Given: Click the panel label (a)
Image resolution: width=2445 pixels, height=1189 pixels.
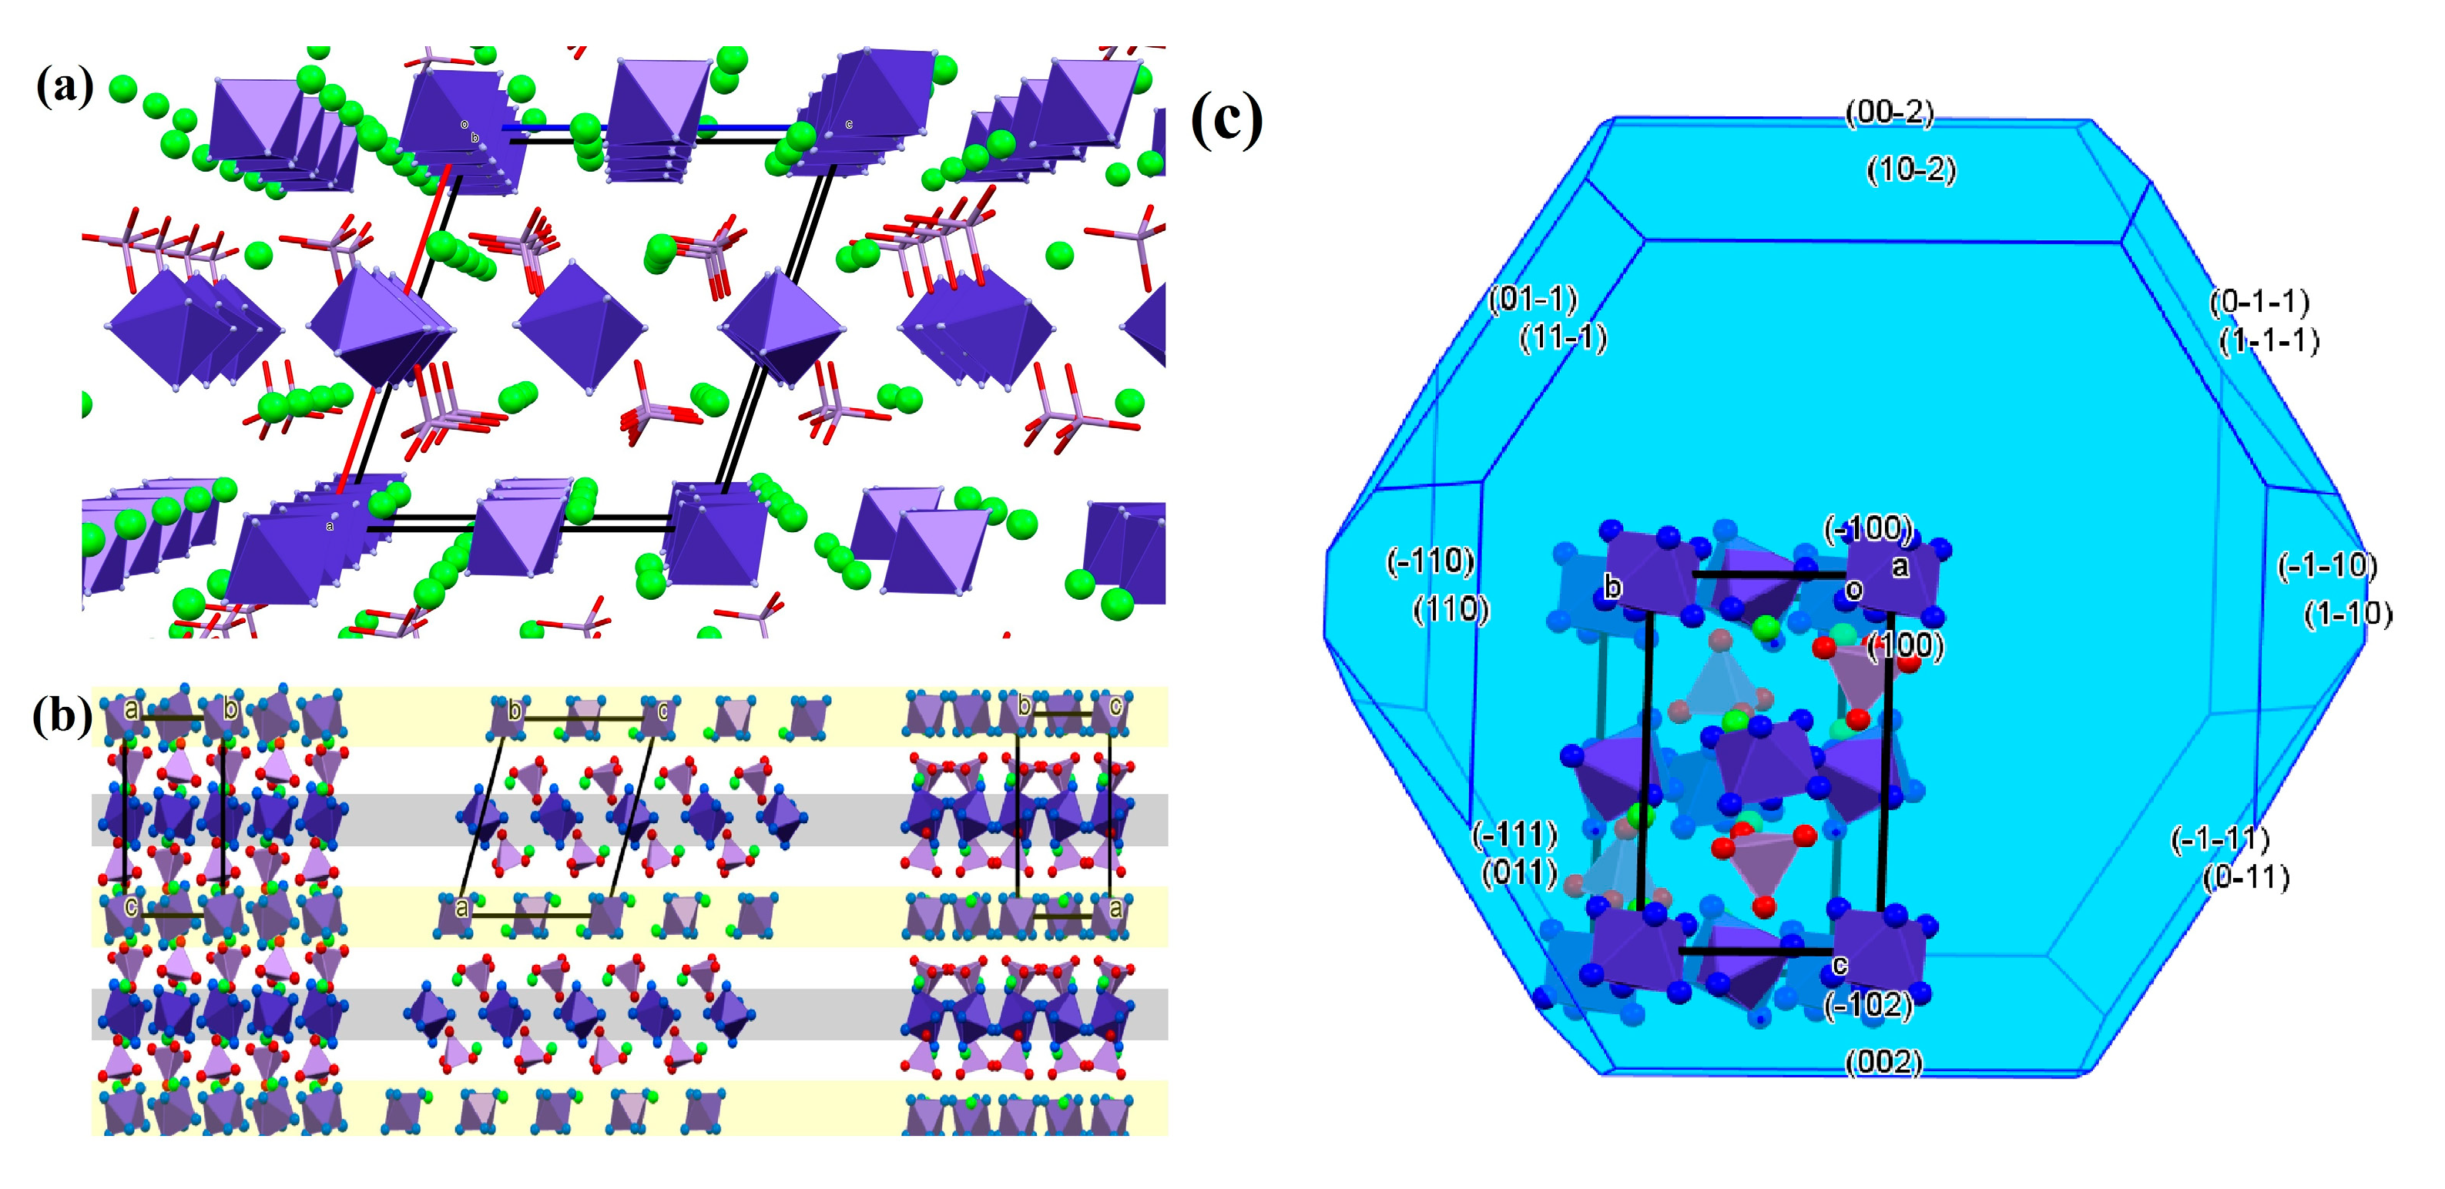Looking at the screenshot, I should (65, 89).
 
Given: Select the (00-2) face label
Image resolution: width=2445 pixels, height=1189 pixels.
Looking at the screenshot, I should (1889, 114).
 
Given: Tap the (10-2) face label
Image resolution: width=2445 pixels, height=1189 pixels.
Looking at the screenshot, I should (1910, 171).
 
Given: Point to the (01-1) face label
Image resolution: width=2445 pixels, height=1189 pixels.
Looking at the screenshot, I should (1532, 300).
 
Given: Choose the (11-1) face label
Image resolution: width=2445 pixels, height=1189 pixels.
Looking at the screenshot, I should (1563, 338).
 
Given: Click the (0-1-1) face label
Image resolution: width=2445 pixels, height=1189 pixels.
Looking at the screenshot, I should (2259, 303).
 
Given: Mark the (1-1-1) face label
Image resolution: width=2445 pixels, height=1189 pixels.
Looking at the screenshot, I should (2269, 340).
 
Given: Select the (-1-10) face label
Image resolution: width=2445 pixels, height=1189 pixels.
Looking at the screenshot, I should (2327, 567).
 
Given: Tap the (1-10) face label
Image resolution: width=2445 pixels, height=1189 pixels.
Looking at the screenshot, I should (2347, 615).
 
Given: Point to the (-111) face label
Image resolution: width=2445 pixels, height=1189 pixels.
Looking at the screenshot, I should (1514, 835).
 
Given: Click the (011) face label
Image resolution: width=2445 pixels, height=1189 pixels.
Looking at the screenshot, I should (1520, 872).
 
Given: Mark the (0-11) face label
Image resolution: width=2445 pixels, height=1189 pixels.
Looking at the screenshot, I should (2245, 878).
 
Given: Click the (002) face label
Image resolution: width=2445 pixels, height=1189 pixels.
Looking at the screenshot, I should (1883, 1062).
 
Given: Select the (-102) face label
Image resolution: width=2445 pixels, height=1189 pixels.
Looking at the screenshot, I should (1867, 1005).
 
